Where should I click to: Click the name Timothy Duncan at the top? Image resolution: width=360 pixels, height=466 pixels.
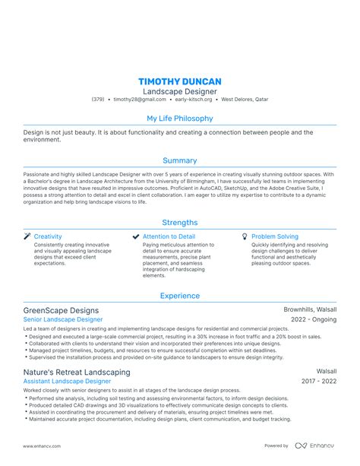[x=179, y=81]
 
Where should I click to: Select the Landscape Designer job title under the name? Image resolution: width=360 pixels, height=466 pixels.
[x=179, y=91]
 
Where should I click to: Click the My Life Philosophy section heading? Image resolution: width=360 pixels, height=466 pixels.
[x=179, y=119]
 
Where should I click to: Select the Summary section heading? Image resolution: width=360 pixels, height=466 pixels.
[x=179, y=160]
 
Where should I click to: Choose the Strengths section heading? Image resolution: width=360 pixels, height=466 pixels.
[x=179, y=223]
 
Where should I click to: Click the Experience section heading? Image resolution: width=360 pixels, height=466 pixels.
[x=179, y=296]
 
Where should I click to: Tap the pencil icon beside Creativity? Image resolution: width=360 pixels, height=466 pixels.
[x=27, y=236]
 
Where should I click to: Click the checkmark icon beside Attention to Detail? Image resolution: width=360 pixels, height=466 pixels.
[x=136, y=236]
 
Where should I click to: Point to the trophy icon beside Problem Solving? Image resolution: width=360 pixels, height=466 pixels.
[x=245, y=236]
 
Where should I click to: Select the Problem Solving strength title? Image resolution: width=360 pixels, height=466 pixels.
[x=275, y=236]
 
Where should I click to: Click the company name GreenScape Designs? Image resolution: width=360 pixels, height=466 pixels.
[x=62, y=310]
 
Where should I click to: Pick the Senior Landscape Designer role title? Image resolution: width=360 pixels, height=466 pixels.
[x=63, y=320]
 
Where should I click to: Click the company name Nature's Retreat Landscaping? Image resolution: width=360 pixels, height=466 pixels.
[x=77, y=372]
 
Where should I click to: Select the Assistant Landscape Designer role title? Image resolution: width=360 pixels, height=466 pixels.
[x=68, y=382]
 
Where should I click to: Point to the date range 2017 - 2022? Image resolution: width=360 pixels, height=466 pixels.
[x=319, y=382]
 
